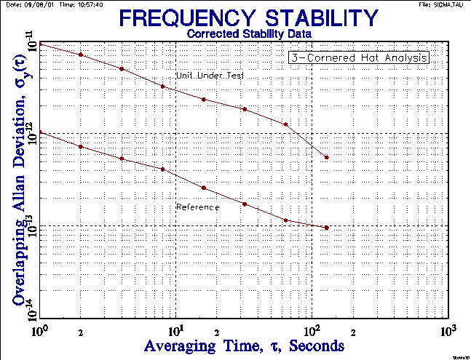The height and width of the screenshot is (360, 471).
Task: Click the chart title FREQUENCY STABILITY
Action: pos(249,18)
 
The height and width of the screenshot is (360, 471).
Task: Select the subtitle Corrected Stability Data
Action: pos(249,33)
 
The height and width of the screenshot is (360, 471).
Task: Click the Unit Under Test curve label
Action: pos(214,76)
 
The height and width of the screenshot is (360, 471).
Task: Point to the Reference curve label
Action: pos(198,207)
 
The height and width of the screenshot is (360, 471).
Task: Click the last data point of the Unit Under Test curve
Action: pos(327,157)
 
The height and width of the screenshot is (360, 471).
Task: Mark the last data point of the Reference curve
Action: pos(327,228)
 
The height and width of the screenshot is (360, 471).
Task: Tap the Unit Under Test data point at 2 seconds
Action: pos(81,55)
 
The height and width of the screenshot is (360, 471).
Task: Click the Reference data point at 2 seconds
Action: pos(81,147)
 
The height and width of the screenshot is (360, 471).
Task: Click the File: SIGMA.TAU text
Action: pos(444,4)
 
